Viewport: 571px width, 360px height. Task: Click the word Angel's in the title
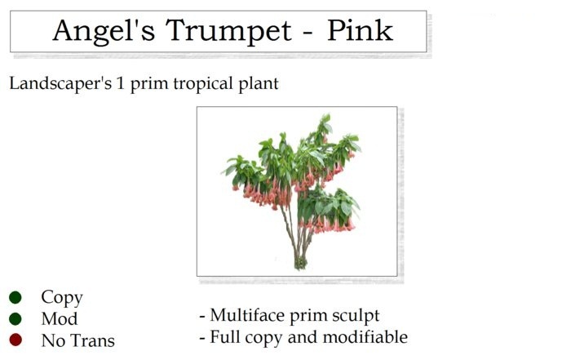click(104, 31)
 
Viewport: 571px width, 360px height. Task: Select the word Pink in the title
click(360, 31)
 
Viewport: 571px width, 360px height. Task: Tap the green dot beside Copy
click(15, 298)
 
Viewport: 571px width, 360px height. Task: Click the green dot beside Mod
click(15, 318)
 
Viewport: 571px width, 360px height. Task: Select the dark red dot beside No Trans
click(15, 340)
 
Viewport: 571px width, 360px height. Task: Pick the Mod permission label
click(60, 319)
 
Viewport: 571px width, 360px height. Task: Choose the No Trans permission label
click(77, 340)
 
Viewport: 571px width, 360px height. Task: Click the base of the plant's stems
click(301, 263)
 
